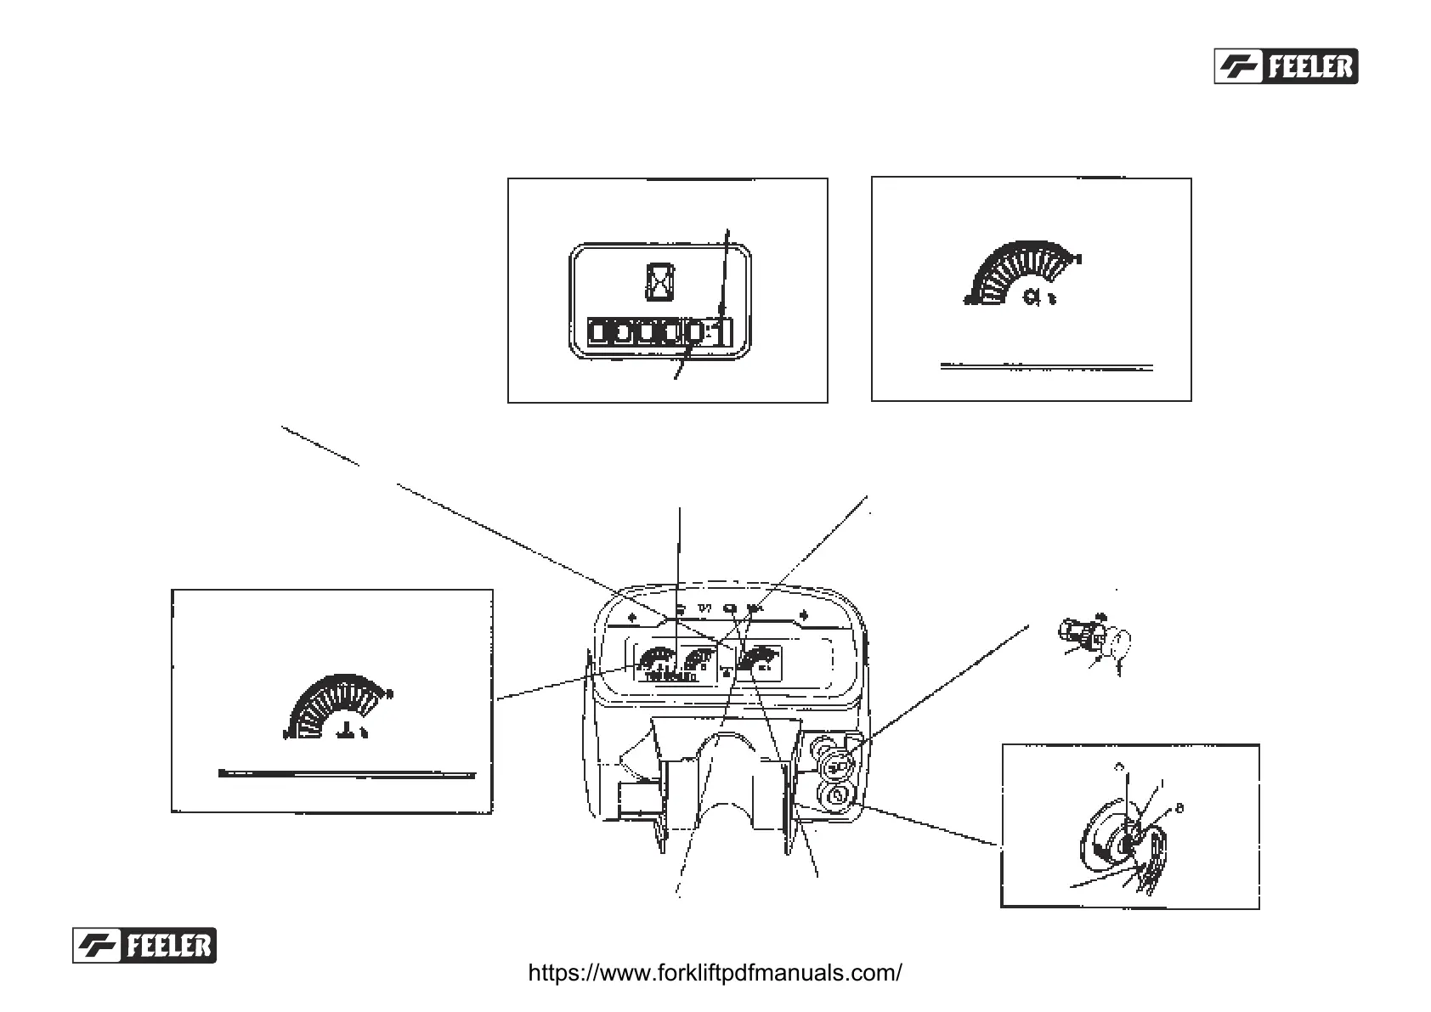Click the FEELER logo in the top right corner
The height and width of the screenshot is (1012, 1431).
pyautogui.click(x=1286, y=66)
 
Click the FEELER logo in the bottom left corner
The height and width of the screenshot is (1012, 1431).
pyautogui.click(x=144, y=945)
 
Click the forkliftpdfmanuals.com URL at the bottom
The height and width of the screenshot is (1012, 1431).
pyautogui.click(x=715, y=973)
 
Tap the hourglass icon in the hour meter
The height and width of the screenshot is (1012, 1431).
pyautogui.click(x=659, y=280)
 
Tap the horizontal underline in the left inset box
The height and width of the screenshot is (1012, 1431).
pyautogui.click(x=347, y=774)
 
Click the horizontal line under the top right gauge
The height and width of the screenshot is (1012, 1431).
pyautogui.click(x=1047, y=368)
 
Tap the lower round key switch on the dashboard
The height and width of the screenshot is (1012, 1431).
pyautogui.click(x=835, y=796)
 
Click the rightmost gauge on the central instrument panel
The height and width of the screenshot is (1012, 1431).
pyautogui.click(x=758, y=659)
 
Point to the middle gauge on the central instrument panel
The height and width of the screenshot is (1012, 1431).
pyautogui.click(x=699, y=659)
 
